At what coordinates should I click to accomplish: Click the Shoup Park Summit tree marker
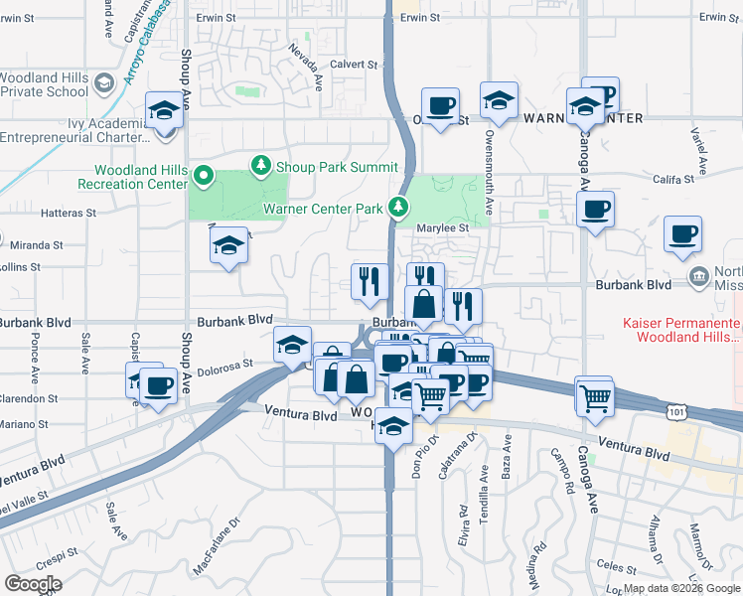pyautogui.click(x=262, y=165)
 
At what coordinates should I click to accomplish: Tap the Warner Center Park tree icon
pyautogui.click(x=398, y=208)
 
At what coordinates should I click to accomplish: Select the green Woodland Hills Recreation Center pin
pyautogui.click(x=205, y=178)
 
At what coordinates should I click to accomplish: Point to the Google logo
pyautogui.click(x=32, y=583)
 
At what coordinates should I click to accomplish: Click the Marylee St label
pyautogui.click(x=443, y=227)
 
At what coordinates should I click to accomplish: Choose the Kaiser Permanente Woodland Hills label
pyautogui.click(x=681, y=331)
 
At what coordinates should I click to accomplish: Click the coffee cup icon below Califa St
pyautogui.click(x=595, y=210)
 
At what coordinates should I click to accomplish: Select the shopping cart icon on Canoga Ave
pyautogui.click(x=595, y=397)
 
